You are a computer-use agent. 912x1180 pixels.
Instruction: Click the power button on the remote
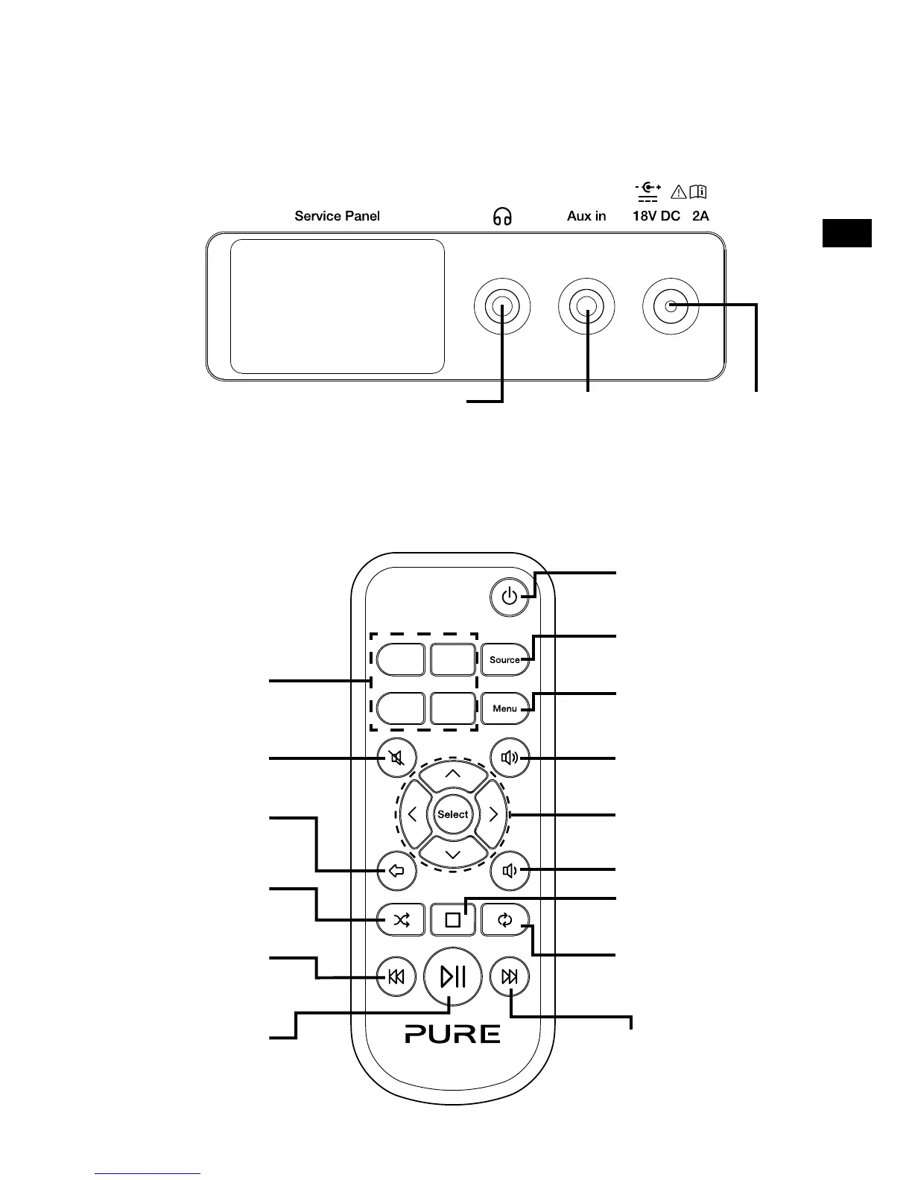(x=510, y=597)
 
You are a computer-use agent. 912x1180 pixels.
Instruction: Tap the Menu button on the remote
(x=504, y=708)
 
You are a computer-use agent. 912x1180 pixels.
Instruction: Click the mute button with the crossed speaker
(x=396, y=758)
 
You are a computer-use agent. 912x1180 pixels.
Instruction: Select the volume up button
(x=510, y=758)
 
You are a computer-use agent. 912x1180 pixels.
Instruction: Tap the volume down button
(x=510, y=870)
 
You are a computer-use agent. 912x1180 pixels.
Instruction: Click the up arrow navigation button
(x=453, y=775)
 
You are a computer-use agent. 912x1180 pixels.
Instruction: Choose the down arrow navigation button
(x=453, y=854)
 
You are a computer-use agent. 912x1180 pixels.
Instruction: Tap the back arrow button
(x=396, y=870)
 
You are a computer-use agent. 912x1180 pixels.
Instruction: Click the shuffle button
(x=402, y=921)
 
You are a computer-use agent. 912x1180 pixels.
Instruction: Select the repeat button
(x=505, y=921)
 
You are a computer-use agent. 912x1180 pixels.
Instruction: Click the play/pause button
(x=453, y=976)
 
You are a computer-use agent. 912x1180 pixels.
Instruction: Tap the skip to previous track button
(x=396, y=977)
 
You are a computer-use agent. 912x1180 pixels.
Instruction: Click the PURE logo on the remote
(x=453, y=1034)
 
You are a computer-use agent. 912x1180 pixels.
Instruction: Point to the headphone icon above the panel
(x=503, y=216)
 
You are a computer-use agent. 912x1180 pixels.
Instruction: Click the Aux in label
(x=586, y=216)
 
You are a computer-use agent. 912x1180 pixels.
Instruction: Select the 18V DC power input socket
(x=671, y=306)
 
